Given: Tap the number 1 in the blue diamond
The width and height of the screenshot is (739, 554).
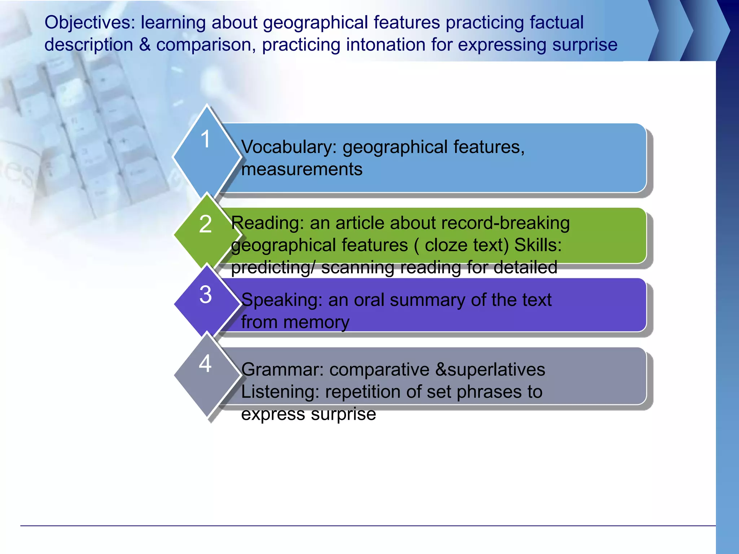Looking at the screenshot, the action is coord(205,139).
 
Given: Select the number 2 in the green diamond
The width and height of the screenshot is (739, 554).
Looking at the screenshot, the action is coord(205,224).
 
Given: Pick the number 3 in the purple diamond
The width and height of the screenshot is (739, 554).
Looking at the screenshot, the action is coord(205,294).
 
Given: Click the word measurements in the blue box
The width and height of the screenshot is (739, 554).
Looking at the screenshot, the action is coord(302,169).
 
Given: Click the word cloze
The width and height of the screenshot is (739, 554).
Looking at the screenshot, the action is coord(446,245).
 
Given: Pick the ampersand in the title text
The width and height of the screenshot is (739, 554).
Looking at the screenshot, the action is coord(144,45).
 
